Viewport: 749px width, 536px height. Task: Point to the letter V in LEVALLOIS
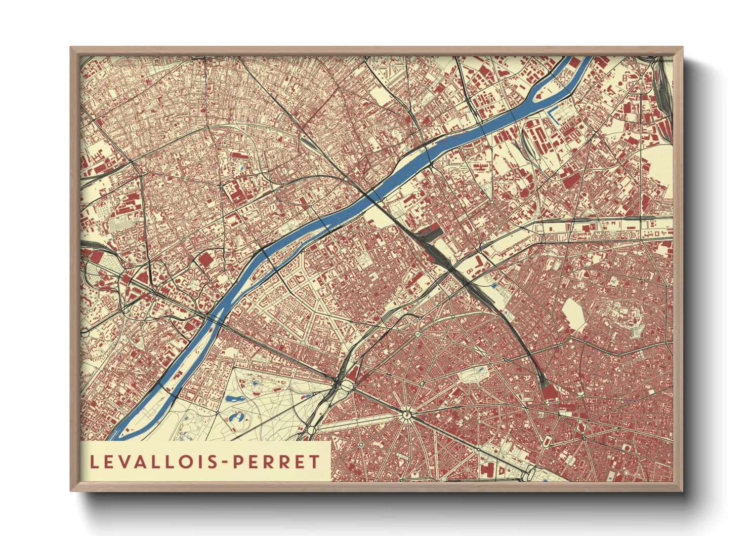(x=122, y=462)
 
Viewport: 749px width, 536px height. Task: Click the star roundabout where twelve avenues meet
(x=406, y=415)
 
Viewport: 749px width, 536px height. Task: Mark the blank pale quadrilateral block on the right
(x=573, y=315)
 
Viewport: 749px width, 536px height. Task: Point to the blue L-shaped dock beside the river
(x=555, y=116)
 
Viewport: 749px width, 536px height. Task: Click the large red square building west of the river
(x=205, y=261)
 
